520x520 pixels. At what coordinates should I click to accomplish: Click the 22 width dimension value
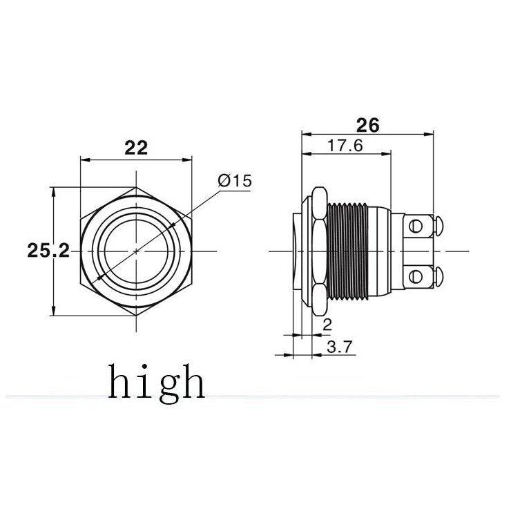(x=136, y=148)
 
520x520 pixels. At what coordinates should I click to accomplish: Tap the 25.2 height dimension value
(x=48, y=251)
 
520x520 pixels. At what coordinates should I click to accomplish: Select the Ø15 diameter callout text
(x=235, y=181)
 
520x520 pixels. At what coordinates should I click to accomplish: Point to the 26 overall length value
(x=367, y=126)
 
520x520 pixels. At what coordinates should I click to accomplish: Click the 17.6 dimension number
(x=345, y=146)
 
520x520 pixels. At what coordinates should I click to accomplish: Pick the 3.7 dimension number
(x=339, y=347)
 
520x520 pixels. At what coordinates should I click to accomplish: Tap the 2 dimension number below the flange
(x=327, y=325)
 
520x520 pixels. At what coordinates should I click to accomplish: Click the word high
(x=157, y=384)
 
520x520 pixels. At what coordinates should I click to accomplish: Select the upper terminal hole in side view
(x=416, y=227)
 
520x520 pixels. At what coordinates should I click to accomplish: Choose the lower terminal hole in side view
(x=416, y=276)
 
